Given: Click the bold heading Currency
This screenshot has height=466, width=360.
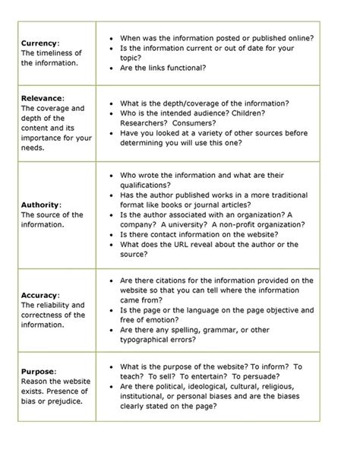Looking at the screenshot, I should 36,43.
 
